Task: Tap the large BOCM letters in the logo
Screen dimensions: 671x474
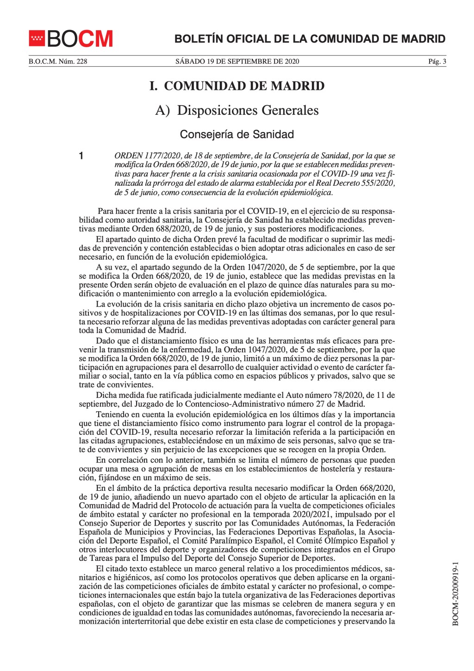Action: pyautogui.click(x=79, y=39)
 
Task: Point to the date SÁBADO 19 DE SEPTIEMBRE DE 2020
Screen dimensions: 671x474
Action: pyautogui.click(x=237, y=61)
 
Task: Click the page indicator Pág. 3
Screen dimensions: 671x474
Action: pyautogui.click(x=437, y=61)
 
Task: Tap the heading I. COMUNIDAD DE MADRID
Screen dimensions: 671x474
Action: pyautogui.click(x=237, y=86)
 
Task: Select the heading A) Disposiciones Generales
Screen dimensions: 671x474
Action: pyautogui.click(x=237, y=110)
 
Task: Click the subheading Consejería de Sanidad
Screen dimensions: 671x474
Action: pyautogui.click(x=237, y=134)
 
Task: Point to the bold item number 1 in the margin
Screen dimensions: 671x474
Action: pyautogui.click(x=81, y=156)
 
